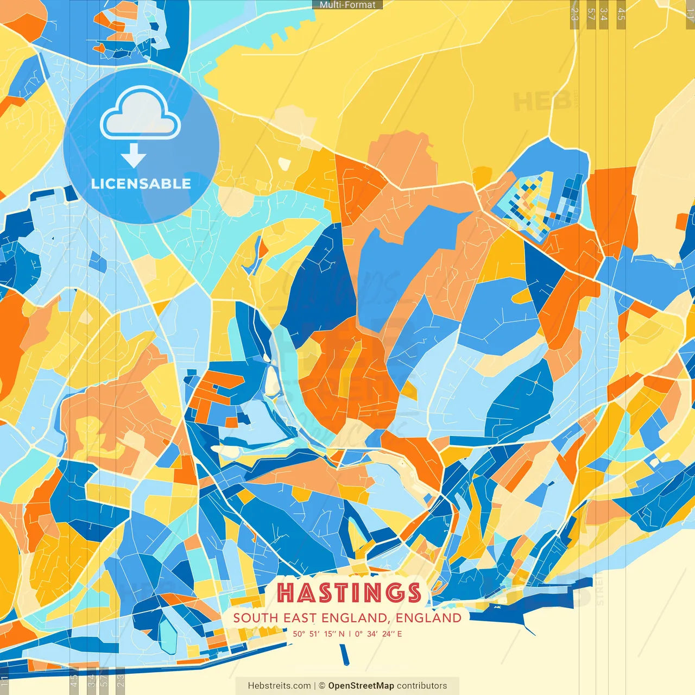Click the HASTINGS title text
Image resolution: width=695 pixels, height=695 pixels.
[x=349, y=592]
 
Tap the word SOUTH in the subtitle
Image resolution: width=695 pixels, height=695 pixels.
[x=256, y=618]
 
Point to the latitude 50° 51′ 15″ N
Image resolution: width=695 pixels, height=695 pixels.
[x=318, y=634]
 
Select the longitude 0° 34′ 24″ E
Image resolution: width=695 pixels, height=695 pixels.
[x=378, y=634]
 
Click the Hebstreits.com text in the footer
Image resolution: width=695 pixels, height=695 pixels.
[x=279, y=686]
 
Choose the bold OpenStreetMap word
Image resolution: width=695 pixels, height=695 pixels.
[x=361, y=686]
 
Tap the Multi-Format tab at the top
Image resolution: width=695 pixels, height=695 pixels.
[x=347, y=5]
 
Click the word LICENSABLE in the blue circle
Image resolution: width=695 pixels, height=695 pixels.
[x=141, y=184]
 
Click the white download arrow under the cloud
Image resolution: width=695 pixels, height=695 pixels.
[x=134, y=156]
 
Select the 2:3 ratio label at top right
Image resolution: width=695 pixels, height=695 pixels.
[x=574, y=14]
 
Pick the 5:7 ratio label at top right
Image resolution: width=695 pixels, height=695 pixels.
[x=591, y=14]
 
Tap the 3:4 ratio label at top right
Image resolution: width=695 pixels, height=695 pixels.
[x=604, y=14]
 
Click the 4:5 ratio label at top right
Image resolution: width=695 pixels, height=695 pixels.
[x=621, y=14]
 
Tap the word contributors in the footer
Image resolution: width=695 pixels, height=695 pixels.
[x=422, y=686]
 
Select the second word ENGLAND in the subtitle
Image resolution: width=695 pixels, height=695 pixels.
[x=428, y=618]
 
